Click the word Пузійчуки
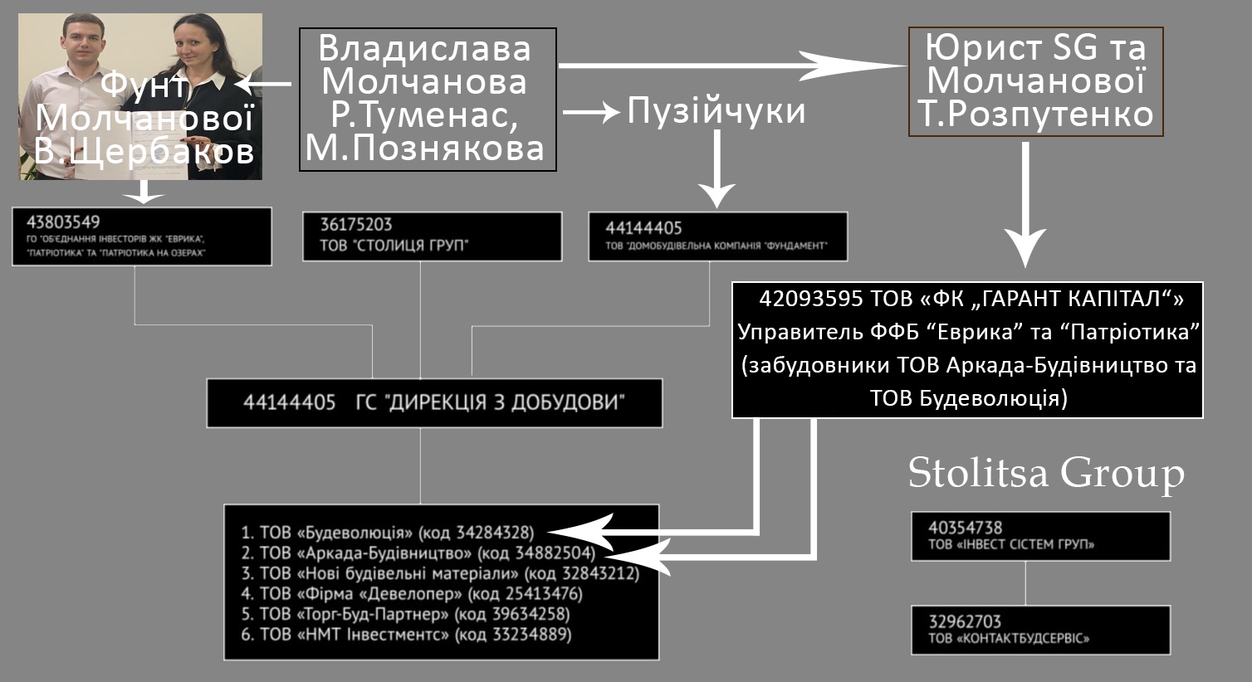coord(716,110)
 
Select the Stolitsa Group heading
coord(1046,473)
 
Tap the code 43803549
coord(63,222)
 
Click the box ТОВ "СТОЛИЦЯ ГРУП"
coord(432,236)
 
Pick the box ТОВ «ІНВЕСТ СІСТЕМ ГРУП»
coord(1041,536)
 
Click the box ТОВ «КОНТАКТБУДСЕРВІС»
coord(1041,630)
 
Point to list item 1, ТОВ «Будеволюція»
coord(388,533)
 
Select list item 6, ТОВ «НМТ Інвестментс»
coord(406,635)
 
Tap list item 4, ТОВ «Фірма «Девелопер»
coord(412,593)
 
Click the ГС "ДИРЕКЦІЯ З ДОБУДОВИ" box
coord(434,403)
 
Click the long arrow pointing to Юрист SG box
coord(732,66)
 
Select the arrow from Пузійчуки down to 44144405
coord(717,168)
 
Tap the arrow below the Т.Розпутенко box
coord(1025,204)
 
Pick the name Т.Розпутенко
coord(1035,114)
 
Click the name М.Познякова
coord(425,149)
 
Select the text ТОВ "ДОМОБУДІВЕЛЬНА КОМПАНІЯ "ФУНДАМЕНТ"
coord(716,246)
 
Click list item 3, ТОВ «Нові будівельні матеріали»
coord(440,573)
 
